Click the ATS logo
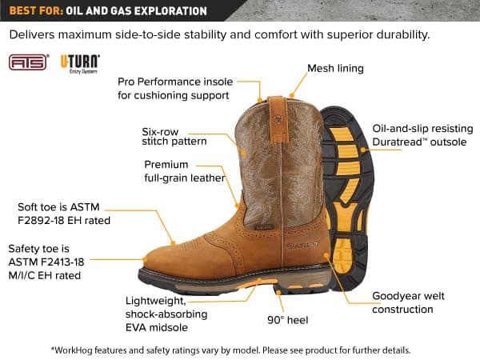(x=29, y=62)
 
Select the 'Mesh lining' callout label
(x=336, y=69)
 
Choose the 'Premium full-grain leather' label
(x=184, y=171)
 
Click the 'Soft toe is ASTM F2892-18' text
(x=64, y=213)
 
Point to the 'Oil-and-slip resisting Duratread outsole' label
(x=422, y=135)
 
